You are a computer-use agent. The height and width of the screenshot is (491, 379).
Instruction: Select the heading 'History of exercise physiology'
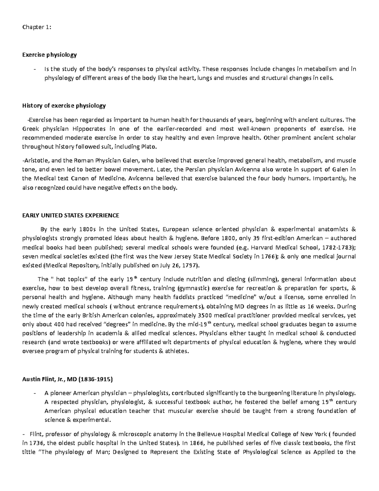pyautogui.click(x=64, y=106)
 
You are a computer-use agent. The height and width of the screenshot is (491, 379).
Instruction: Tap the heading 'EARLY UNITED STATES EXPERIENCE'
pyautogui.click(x=70, y=215)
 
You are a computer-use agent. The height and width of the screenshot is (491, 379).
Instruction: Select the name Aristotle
pyautogui.click(x=34, y=160)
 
